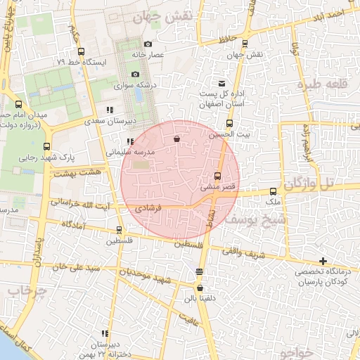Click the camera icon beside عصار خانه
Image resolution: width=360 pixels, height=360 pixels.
click(x=148, y=44)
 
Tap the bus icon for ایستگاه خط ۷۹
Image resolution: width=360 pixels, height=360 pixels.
click(x=81, y=51)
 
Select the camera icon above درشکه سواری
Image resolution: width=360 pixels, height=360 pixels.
click(x=135, y=74)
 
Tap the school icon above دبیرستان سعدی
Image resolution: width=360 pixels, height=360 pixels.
click(x=108, y=110)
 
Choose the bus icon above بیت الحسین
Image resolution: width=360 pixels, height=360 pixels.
click(x=229, y=123)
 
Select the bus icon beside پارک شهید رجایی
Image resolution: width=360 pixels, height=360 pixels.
click(x=47, y=146)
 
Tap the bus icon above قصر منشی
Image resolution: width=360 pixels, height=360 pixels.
click(x=217, y=176)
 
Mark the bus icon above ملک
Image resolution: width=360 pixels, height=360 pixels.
click(x=274, y=191)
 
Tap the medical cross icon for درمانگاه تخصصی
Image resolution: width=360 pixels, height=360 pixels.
click(x=323, y=261)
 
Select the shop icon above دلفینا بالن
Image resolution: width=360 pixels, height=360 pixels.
click(x=200, y=288)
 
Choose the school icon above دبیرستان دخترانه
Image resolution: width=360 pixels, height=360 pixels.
click(x=105, y=333)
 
